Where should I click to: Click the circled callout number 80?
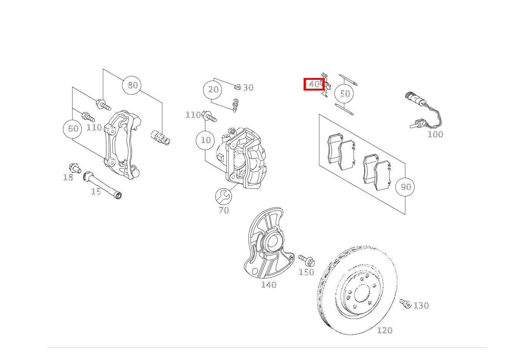pyautogui.click(x=132, y=85)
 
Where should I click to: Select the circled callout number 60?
pyautogui.click(x=73, y=129)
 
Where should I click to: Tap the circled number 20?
pyautogui.click(x=213, y=90)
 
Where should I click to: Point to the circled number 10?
pyautogui.click(x=206, y=140)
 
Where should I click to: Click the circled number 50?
pyautogui.click(x=344, y=94)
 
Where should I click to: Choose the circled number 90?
pyautogui.click(x=405, y=187)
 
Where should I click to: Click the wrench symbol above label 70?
pyautogui.click(x=223, y=197)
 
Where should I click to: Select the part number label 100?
pyautogui.click(x=435, y=134)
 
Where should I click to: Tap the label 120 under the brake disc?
pyautogui.click(x=385, y=330)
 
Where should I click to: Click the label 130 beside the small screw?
pyautogui.click(x=421, y=306)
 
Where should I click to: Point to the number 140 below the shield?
pyautogui.click(x=269, y=285)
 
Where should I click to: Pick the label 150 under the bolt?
pyautogui.click(x=306, y=272)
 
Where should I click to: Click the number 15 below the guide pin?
pyautogui.click(x=96, y=192)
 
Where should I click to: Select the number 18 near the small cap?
pyautogui.click(x=68, y=177)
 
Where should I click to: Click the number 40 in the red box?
pyautogui.click(x=314, y=84)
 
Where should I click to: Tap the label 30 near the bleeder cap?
pyautogui.click(x=248, y=88)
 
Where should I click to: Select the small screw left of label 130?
pyautogui.click(x=405, y=304)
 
